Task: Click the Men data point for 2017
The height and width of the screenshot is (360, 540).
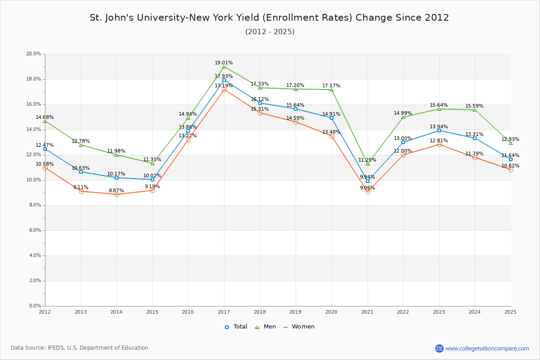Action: tap(224, 67)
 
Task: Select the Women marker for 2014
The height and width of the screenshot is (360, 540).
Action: tap(117, 194)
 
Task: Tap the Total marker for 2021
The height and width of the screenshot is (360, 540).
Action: tap(368, 181)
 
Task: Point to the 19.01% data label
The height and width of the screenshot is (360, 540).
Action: tap(224, 63)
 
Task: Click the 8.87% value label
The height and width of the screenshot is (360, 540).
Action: tap(116, 190)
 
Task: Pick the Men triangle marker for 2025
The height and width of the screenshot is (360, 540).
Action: tap(511, 143)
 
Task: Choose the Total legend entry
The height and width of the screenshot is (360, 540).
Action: tap(236, 327)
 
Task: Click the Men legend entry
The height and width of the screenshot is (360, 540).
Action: tap(265, 327)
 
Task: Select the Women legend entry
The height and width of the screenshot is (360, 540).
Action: tap(299, 327)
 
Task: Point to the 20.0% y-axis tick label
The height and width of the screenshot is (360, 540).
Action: tap(33, 54)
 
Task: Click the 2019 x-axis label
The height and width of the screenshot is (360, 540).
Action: tap(295, 312)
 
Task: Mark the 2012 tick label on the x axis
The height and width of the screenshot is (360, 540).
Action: tap(45, 312)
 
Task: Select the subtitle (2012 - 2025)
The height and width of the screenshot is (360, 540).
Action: tap(270, 31)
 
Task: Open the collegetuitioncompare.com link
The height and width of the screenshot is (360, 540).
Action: tap(487, 348)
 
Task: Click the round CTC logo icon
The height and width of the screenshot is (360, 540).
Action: tap(440, 348)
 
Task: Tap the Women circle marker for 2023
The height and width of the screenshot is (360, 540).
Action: tap(439, 145)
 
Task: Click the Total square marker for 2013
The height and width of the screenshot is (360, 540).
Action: tap(81, 172)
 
